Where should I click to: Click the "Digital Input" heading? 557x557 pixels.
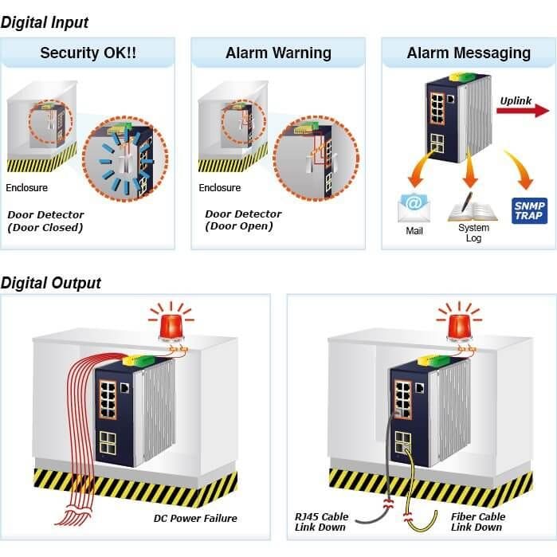tap(45, 23)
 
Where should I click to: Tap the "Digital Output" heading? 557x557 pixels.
tap(51, 283)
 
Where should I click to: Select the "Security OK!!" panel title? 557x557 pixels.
tap(88, 53)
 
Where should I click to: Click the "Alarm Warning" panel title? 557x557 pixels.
tap(278, 53)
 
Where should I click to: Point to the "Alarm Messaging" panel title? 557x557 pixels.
tap(469, 53)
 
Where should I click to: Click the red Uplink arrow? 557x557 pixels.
tap(523, 111)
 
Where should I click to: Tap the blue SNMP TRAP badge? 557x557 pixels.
tap(529, 210)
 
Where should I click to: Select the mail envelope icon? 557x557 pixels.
tap(414, 209)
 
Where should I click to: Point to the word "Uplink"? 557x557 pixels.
tap(516, 100)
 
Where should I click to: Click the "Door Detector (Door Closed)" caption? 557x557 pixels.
tap(45, 221)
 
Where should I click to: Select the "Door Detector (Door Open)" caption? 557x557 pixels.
tap(243, 220)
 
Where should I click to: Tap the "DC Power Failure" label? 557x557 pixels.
tap(195, 518)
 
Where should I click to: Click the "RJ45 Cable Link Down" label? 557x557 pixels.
tap(321, 522)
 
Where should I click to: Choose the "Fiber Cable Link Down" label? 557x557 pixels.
tap(478, 522)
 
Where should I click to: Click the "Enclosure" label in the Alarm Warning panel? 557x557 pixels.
tap(219, 187)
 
